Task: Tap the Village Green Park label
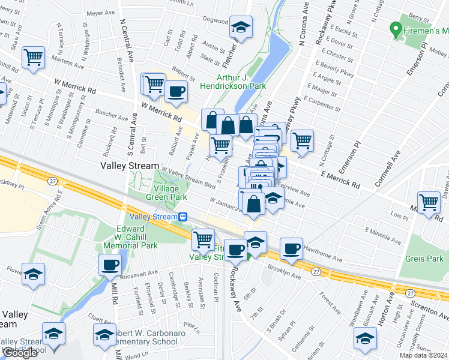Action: [163, 191]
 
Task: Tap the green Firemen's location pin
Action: [396, 28]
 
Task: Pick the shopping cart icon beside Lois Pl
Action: [429, 203]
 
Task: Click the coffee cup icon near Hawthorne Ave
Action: [292, 248]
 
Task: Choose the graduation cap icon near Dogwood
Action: [241, 27]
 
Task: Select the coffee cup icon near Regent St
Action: [176, 92]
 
